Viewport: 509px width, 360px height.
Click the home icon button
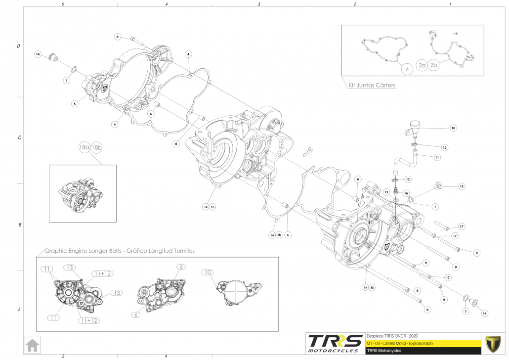tap(33, 345)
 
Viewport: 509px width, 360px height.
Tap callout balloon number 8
tap(118, 37)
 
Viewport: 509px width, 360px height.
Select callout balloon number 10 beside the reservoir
tap(453, 128)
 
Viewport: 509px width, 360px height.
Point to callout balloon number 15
tap(461, 186)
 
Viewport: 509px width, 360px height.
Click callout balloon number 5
tap(75, 104)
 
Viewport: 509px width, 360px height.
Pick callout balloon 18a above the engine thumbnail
tap(84, 147)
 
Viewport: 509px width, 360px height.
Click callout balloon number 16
tap(406, 193)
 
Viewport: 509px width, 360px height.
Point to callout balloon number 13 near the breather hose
tap(386, 191)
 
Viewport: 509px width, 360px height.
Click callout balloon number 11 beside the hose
tap(437, 157)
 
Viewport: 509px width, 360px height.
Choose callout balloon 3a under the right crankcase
tap(365, 287)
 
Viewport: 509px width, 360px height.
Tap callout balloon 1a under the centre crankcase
tap(206, 207)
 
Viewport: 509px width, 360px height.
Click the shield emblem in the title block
tap(492, 343)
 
